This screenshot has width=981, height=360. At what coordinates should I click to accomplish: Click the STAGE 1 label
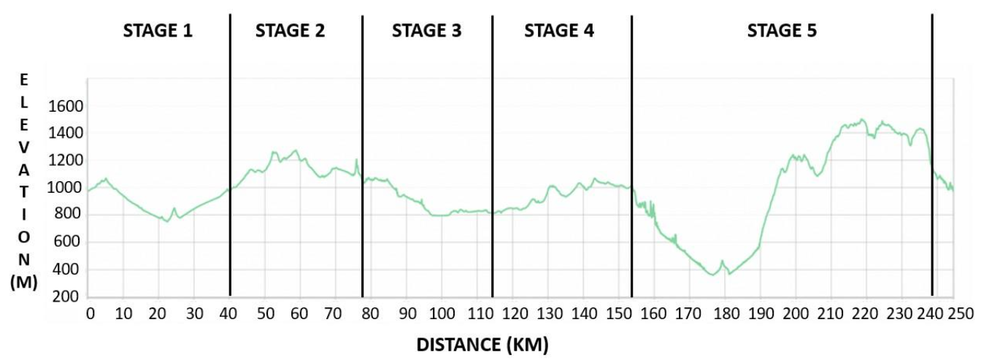(158, 31)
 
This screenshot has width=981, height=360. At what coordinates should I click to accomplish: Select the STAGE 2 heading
(290, 31)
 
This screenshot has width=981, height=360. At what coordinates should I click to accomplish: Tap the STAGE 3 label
(427, 31)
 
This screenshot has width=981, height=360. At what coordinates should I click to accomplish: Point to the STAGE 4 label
(559, 31)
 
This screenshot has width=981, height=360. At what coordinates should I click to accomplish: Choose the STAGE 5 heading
(782, 31)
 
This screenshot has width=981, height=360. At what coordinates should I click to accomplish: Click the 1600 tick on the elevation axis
(66, 107)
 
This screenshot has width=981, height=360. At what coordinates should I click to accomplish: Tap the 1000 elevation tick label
(66, 188)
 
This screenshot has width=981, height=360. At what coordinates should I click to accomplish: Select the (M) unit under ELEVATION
(24, 282)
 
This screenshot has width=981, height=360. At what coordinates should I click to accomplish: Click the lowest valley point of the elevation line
(713, 275)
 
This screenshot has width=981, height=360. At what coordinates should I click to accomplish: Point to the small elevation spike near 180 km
(722, 261)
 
